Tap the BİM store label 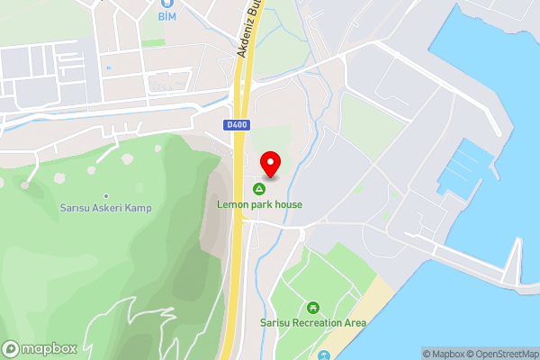point(167,16)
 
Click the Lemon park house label point(259,204)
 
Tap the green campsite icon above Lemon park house point(259,189)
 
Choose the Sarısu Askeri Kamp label point(106,208)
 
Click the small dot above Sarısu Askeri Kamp point(106,195)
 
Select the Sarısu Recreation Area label point(313,322)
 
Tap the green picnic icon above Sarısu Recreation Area point(313,307)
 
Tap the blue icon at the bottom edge point(324,356)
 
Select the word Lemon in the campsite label point(232,204)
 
